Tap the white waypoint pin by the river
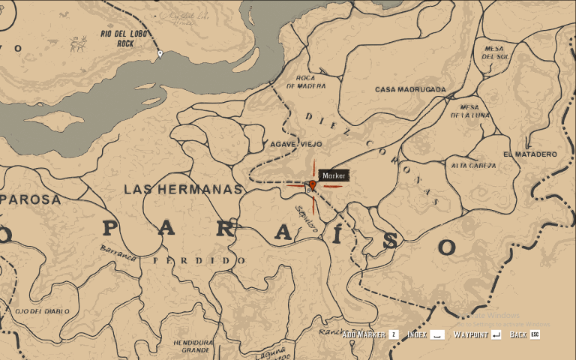pyautogui.click(x=160, y=54)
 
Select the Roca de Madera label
pyautogui.click(x=310, y=82)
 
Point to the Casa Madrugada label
pyautogui.click(x=410, y=89)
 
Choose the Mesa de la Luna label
pyautogui.click(x=469, y=111)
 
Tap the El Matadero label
pyautogui.click(x=530, y=154)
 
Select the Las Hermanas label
pyautogui.click(x=184, y=190)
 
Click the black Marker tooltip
pyautogui.click(x=333, y=175)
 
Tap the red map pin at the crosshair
pyautogui.click(x=312, y=184)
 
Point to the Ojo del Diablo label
pyautogui.click(x=42, y=310)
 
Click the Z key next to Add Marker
pyautogui.click(x=394, y=334)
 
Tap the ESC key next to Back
pyautogui.click(x=535, y=334)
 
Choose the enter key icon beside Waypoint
pyautogui.click(x=496, y=334)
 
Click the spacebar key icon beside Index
pyautogui.click(x=437, y=334)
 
